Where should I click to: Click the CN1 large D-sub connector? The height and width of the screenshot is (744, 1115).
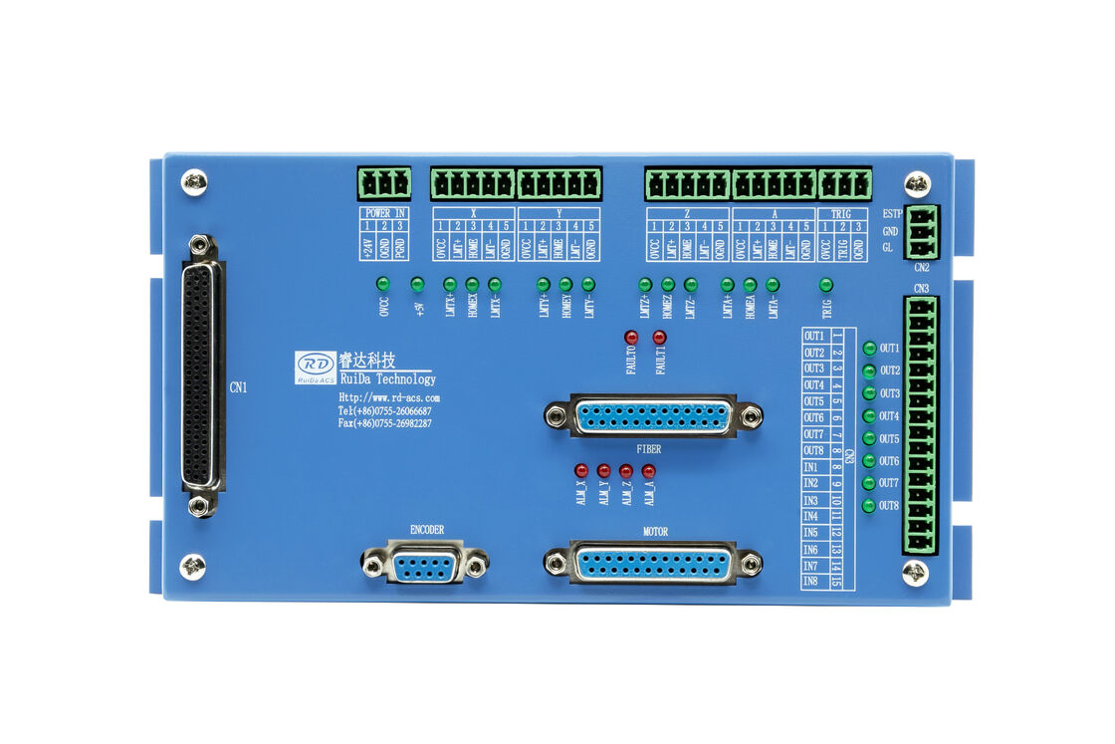tap(201, 376)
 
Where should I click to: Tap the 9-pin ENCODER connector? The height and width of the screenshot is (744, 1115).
tap(425, 566)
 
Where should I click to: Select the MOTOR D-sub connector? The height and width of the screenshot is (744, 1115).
tap(653, 564)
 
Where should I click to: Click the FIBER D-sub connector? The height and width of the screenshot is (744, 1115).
tap(653, 416)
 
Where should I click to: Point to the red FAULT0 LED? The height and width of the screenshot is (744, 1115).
tap(631, 338)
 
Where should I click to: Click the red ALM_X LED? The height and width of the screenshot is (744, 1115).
tap(581, 470)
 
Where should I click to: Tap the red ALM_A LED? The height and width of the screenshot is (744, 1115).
tap(648, 470)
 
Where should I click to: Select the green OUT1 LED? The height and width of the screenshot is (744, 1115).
tap(869, 349)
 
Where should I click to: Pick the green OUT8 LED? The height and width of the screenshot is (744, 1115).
tap(869, 506)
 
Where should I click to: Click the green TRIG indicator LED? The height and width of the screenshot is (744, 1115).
tap(825, 285)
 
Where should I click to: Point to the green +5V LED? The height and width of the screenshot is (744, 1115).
tap(417, 285)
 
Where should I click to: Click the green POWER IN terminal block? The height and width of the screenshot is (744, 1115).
tap(384, 183)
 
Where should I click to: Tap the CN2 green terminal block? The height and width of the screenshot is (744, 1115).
tap(922, 230)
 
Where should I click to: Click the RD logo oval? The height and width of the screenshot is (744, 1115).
tap(316, 365)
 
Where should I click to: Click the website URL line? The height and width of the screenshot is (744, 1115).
tap(388, 397)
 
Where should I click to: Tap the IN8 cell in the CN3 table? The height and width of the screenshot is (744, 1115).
tap(814, 582)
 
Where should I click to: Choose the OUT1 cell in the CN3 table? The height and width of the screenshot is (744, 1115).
tap(814, 336)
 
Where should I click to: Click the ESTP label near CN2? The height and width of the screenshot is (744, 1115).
tap(892, 214)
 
